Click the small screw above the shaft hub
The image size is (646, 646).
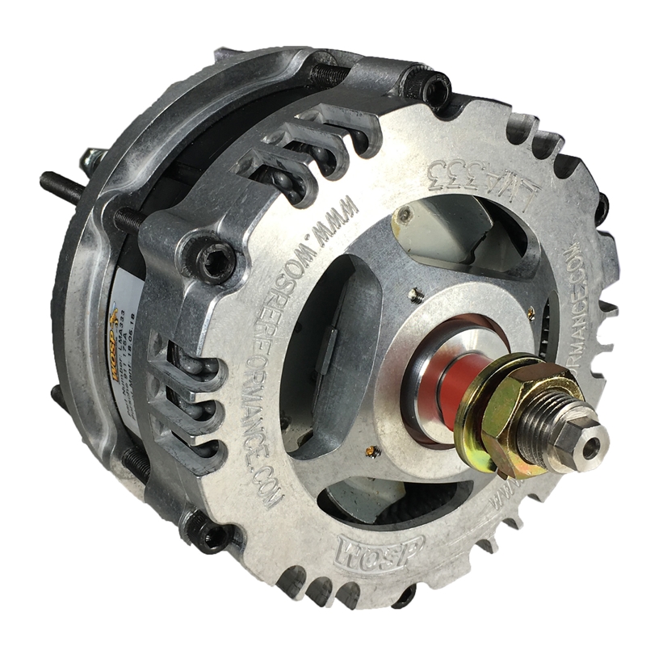click(x=414, y=288)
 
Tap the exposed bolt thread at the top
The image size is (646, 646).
click(x=331, y=73)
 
